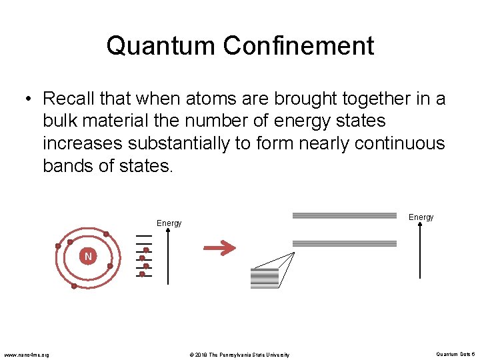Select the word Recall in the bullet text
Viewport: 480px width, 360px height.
click(68, 99)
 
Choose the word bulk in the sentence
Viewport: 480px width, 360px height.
click(61, 121)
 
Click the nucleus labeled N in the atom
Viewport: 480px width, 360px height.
click(88, 256)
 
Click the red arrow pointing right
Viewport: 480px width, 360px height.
click(219, 249)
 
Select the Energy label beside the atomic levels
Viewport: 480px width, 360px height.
click(169, 223)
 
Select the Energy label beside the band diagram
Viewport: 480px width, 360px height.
click(421, 217)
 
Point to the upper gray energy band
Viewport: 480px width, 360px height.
click(345, 215)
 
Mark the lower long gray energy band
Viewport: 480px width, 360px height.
click(345, 243)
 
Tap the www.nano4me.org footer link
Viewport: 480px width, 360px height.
click(27, 355)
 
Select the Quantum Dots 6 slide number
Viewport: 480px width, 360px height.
click(455, 354)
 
